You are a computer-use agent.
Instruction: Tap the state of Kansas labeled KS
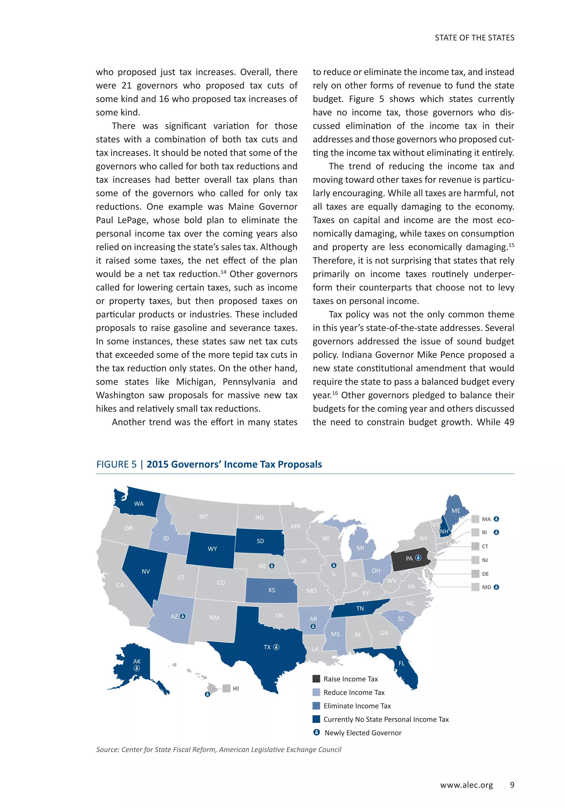point(271,590)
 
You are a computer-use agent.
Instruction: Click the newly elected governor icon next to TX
point(276,647)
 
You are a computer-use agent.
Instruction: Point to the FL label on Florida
point(401,663)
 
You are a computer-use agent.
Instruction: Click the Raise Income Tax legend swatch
point(316,678)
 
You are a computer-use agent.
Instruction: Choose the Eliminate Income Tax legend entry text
point(357,706)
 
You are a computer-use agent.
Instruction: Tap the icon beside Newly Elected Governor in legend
point(316,732)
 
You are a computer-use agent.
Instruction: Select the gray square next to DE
point(475,574)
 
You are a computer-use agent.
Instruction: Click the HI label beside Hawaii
point(236,688)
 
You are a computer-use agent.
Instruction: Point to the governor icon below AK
point(137,668)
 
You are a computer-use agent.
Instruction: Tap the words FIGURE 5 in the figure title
point(116,464)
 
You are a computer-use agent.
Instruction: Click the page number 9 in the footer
point(512,785)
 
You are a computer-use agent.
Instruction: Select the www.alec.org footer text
point(466,785)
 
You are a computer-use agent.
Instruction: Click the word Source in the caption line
point(107,749)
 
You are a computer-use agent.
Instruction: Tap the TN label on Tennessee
point(360,608)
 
